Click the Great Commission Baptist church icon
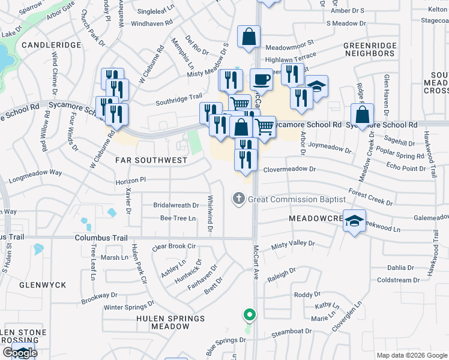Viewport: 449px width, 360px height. (238, 199)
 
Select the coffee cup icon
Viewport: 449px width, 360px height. (261, 79)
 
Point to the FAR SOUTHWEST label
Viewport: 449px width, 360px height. (151, 161)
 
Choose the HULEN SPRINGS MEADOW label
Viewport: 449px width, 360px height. (170, 322)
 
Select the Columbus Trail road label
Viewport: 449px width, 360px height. (100, 238)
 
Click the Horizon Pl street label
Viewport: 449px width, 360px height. (130, 179)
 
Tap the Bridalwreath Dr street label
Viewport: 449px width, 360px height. (176, 205)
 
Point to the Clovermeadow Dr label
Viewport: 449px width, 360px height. (289, 169)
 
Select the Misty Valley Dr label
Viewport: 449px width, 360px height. (293, 244)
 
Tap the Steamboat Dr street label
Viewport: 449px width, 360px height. (292, 331)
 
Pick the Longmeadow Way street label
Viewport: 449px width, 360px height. (35, 172)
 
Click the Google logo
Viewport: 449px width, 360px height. (20, 353)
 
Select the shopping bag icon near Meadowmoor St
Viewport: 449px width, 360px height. (249, 37)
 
